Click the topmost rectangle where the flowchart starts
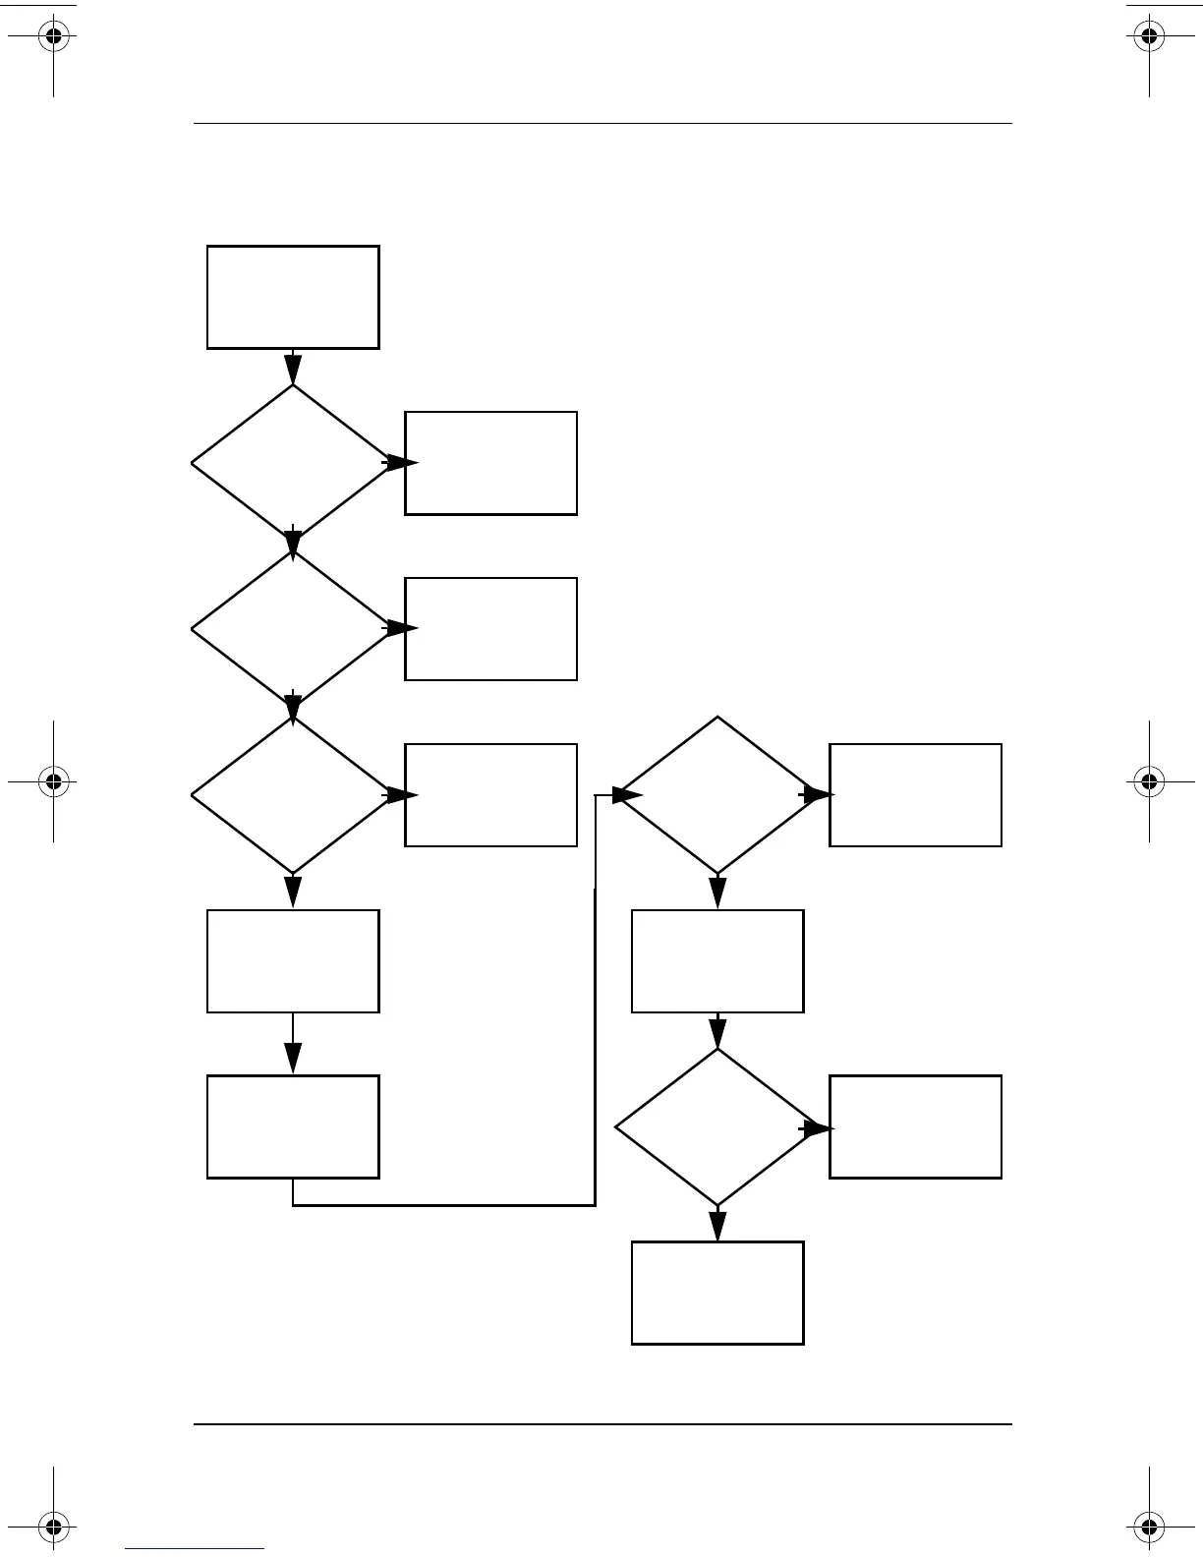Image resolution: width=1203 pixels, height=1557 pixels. click(293, 297)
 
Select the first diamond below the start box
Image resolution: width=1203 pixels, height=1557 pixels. click(293, 463)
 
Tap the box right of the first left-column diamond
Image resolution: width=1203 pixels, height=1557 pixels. click(490, 463)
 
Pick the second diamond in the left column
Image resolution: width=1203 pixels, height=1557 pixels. click(293, 629)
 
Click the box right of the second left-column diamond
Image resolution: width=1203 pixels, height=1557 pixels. click(490, 629)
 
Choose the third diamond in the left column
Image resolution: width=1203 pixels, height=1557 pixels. click(293, 795)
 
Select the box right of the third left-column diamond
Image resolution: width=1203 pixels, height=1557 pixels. click(490, 795)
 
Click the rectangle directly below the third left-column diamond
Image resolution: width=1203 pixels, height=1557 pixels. click(293, 961)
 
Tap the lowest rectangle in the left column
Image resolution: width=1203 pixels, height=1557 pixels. click(293, 1126)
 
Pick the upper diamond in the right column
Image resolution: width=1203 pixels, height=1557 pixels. click(717, 795)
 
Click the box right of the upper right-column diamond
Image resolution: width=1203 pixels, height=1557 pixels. click(915, 795)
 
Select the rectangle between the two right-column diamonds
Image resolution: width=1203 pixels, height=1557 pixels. click(717, 961)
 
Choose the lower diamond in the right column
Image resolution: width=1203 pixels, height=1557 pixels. click(717, 1126)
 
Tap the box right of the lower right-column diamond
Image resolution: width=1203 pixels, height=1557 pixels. click(915, 1126)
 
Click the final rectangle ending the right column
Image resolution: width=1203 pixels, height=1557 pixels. click(717, 1293)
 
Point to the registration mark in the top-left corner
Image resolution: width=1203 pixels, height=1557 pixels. click(54, 37)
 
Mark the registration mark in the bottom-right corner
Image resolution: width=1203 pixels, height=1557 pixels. click(1149, 1527)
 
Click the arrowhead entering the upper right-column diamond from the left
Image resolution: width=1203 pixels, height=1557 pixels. click(627, 795)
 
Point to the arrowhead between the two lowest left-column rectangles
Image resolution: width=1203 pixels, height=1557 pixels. click(293, 1058)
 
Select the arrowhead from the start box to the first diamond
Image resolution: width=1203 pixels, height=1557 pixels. click(293, 369)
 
